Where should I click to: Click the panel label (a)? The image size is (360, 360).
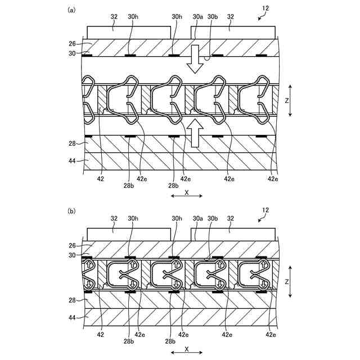[71, 10]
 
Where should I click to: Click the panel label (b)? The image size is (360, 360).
[71, 211]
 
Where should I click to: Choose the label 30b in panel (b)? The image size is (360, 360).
[213, 219]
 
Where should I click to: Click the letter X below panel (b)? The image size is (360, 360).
[186, 348]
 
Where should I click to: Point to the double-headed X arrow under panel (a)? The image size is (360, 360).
[186, 196]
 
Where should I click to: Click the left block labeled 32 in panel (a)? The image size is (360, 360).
[129, 31]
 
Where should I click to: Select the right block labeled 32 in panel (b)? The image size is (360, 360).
[233, 233]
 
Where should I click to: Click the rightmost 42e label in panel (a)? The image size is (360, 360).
[272, 178]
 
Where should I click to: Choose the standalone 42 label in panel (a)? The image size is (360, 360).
[100, 178]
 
